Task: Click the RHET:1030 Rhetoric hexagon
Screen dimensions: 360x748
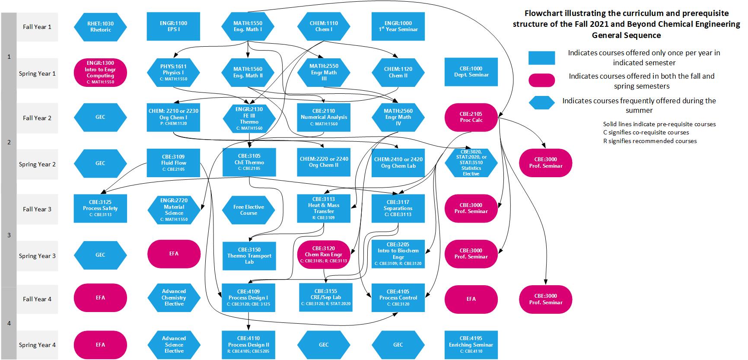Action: (100, 27)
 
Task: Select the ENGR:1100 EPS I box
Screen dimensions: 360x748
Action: (173, 26)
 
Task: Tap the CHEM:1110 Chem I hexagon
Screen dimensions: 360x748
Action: (324, 26)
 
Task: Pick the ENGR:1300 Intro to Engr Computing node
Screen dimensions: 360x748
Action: (100, 72)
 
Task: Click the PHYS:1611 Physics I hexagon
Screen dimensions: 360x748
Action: (173, 73)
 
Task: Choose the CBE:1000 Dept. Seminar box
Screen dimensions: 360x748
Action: (471, 72)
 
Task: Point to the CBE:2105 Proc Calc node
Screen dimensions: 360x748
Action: (471, 117)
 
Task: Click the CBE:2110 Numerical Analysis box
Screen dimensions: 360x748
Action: (324, 117)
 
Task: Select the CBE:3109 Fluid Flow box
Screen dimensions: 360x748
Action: (173, 163)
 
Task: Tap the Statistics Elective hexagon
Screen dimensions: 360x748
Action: (471, 163)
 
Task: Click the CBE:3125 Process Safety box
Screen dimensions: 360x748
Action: (100, 208)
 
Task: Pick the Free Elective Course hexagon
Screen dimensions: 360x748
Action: (248, 210)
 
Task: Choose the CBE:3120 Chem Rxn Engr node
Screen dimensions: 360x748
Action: (324, 255)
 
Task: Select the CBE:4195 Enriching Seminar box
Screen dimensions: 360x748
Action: (471, 344)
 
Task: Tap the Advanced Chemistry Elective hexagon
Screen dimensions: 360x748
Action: (174, 298)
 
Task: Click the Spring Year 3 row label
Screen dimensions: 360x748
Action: (37, 256)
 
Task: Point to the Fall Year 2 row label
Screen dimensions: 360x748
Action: (37, 118)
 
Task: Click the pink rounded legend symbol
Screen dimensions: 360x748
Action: (541, 80)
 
